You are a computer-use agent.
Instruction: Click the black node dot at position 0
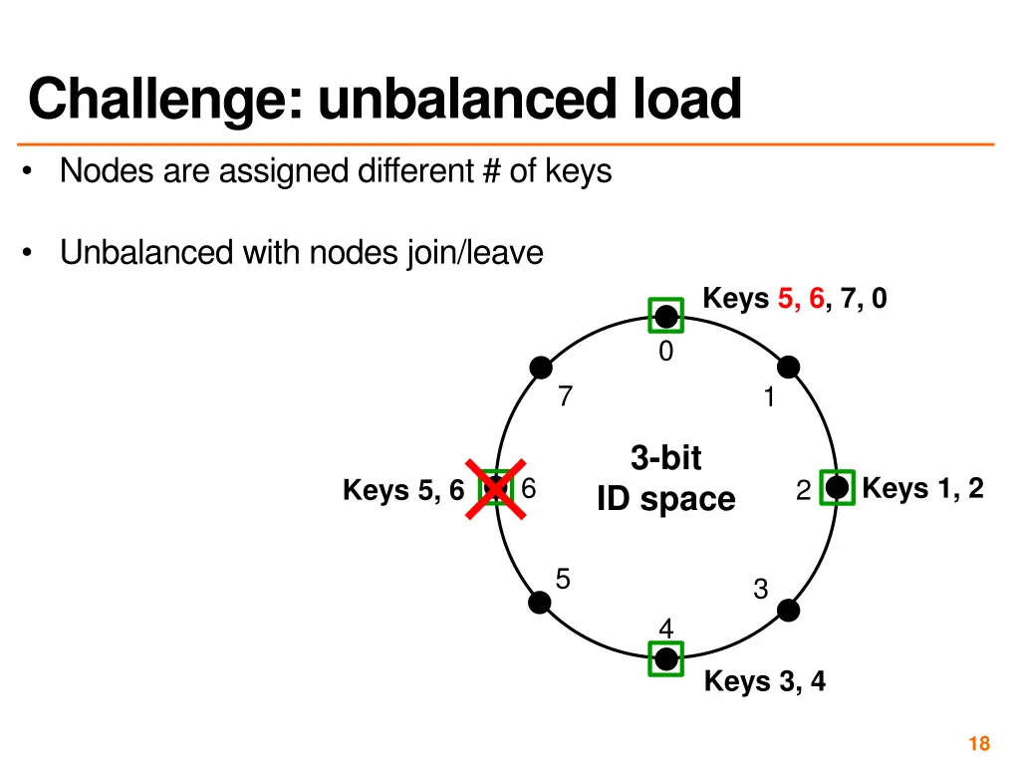[666, 316]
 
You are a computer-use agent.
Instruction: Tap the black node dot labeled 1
[789, 368]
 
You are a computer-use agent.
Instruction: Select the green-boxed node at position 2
[837, 487]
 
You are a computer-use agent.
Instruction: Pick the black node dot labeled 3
[789, 610]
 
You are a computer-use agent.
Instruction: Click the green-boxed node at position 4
[665, 658]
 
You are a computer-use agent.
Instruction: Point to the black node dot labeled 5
[540, 602]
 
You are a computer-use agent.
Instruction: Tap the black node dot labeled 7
[541, 368]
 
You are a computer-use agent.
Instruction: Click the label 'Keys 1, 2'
[922, 488]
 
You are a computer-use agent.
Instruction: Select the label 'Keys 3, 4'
[764, 682]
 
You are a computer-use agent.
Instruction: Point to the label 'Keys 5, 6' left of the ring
[403, 490]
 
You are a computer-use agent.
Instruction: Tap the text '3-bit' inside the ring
[665, 458]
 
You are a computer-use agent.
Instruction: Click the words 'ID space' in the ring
[665, 499]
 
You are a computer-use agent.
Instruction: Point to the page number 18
[978, 743]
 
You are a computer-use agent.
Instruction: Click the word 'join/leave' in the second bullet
[475, 253]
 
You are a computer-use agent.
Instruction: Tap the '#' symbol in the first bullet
[489, 172]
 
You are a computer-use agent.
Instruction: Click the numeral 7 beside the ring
[566, 397]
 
